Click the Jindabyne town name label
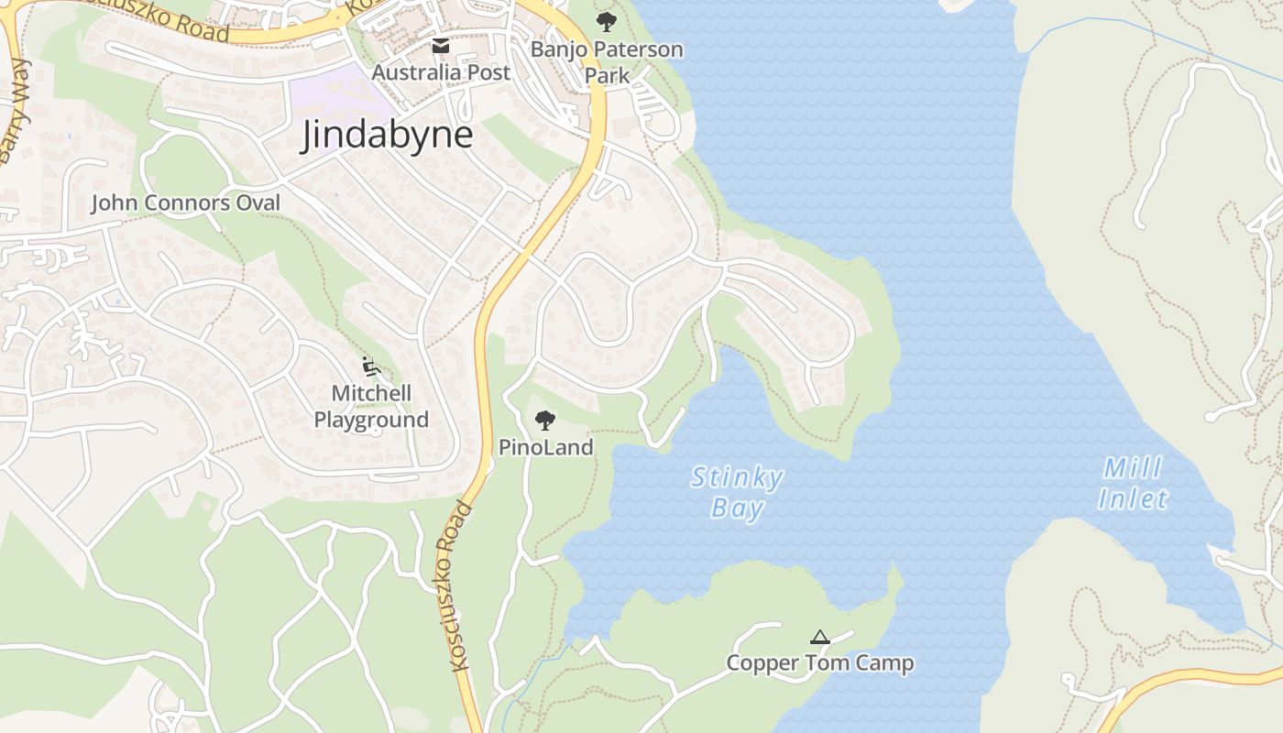coord(388,136)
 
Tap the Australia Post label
coord(441,72)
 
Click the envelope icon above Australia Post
coord(441,46)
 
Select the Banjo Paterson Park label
coord(607,61)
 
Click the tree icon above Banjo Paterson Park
coord(606,21)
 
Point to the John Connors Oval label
coord(185,202)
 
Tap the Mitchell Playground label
coord(371,406)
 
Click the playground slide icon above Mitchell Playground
coord(370,366)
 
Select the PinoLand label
coord(545,447)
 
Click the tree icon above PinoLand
coord(545,421)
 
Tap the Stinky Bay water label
coord(737,492)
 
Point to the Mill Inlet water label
coord(1134,484)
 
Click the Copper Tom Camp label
coord(819,662)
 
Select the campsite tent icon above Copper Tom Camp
coord(819,637)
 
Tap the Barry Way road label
coord(16,110)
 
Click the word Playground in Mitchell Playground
coord(371,420)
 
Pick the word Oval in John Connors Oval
coord(258,202)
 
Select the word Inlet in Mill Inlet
coord(1134,499)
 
